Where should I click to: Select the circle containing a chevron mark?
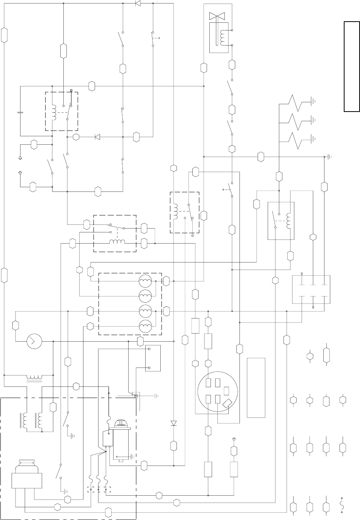(34, 341)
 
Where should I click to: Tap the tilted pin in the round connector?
(227, 404)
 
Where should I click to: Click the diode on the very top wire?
(138, 3)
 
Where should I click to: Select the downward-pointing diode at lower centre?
(173, 423)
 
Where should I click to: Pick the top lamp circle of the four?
(146, 281)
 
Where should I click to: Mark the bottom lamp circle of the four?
(146, 327)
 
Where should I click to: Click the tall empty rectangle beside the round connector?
(256, 387)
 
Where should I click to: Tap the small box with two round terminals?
(153, 358)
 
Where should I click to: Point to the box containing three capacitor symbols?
(311, 290)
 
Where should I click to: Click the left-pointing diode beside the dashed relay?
(97, 137)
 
